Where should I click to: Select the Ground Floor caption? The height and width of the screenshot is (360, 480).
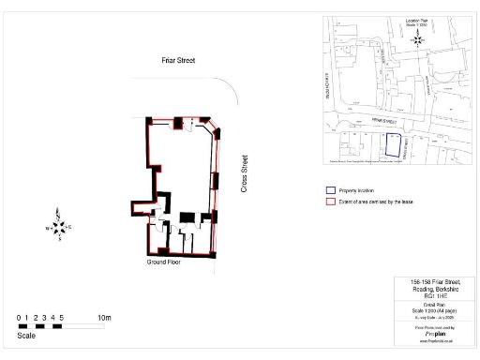(162, 262)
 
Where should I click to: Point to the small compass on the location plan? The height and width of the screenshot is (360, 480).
(416, 40)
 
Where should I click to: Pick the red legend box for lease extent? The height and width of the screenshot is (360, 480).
(330, 202)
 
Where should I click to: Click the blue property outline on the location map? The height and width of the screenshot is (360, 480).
(393, 144)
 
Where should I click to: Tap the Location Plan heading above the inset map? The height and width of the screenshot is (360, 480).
(416, 19)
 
